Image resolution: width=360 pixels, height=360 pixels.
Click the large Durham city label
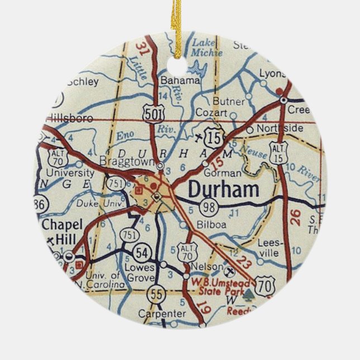point(223,190)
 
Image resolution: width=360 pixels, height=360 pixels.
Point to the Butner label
point(229,102)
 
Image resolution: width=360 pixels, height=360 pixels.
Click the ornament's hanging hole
point(180,49)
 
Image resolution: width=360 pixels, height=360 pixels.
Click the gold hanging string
point(179,17)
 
